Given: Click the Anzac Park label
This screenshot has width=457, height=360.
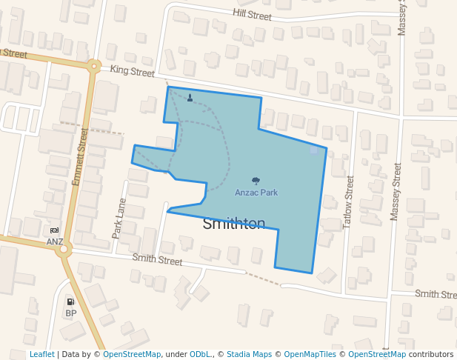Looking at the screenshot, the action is [256, 193].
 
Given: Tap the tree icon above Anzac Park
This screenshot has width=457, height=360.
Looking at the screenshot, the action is [256, 181].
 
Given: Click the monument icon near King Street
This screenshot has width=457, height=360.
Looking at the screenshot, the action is [190, 97].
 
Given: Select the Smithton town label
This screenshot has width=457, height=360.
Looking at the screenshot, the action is [234, 224].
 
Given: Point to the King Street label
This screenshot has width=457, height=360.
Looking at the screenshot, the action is [133, 71].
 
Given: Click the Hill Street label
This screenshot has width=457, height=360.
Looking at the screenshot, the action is [253, 13].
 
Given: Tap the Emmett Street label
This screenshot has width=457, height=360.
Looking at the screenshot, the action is [79, 157].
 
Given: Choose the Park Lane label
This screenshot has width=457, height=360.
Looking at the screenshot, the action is [119, 218].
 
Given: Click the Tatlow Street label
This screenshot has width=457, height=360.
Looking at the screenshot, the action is [349, 202].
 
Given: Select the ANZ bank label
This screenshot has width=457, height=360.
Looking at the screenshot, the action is [55, 241].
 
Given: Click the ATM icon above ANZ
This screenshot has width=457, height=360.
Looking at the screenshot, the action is [55, 230].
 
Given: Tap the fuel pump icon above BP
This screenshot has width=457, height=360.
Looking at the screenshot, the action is [71, 301].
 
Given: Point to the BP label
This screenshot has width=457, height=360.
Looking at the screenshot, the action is [71, 313].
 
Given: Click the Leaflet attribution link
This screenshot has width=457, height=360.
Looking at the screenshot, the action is [41, 354].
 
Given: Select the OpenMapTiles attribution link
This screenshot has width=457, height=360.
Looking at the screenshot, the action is [310, 354].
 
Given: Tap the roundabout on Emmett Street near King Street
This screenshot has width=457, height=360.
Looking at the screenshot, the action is [93, 66].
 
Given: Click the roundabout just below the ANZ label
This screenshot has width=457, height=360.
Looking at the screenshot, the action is [64, 250].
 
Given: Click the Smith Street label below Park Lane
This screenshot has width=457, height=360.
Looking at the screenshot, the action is [157, 260].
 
